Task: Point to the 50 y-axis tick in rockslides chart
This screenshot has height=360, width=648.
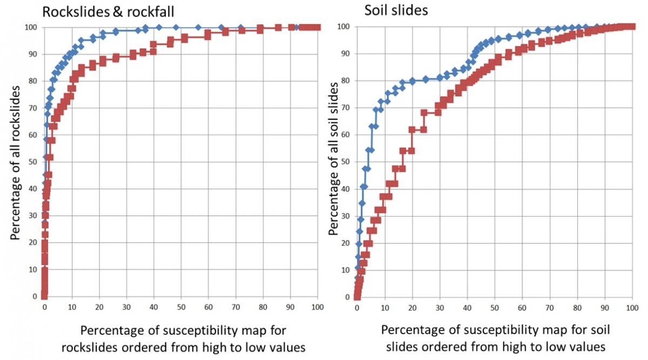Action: [x=33, y=162]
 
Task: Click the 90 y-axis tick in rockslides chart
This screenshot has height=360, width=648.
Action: [x=33, y=54]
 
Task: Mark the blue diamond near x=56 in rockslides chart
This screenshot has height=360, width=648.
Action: [x=198, y=28]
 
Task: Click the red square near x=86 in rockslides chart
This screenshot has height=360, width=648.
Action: [x=278, y=28]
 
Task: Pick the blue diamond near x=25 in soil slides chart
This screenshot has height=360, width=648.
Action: [x=426, y=79]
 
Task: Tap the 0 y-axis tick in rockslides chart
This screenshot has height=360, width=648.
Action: [x=35, y=297]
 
